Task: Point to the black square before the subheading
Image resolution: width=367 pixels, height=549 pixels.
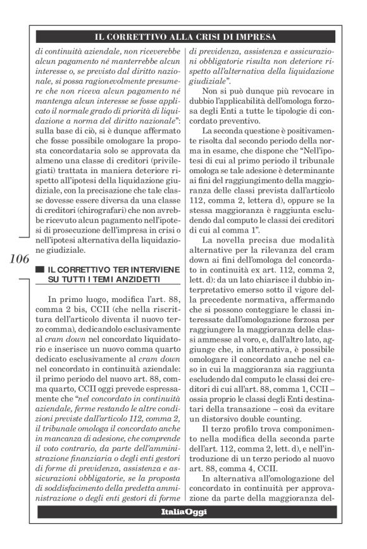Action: (40, 270)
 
